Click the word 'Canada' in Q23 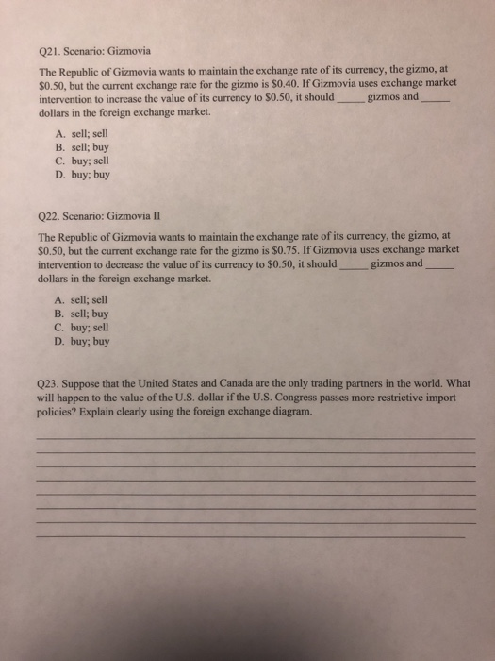pos(229,385)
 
